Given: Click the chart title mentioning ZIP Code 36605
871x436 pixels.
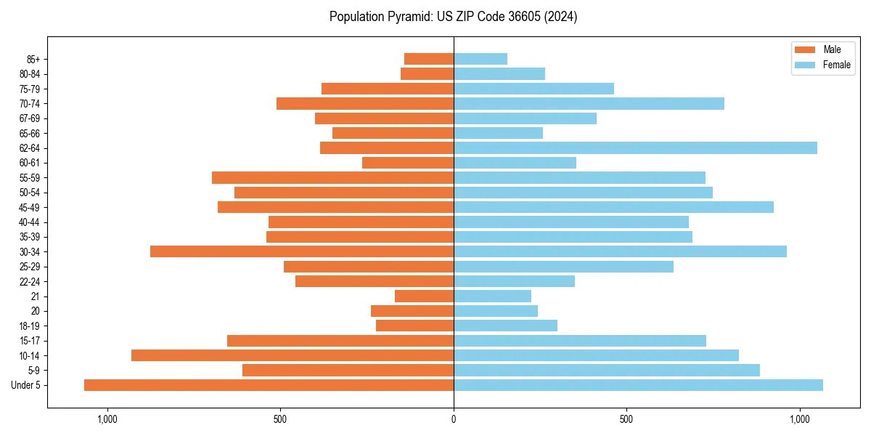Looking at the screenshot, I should pyautogui.click(x=453, y=17).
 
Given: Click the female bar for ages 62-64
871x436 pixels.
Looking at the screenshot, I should pyautogui.click(x=635, y=148).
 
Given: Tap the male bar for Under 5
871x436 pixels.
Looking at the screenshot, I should pyautogui.click(x=269, y=385).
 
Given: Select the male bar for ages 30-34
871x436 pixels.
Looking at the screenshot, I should pyautogui.click(x=302, y=251).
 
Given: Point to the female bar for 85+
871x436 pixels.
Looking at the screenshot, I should pyautogui.click(x=481, y=59).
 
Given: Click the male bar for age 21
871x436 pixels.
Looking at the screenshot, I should pyautogui.click(x=424, y=296).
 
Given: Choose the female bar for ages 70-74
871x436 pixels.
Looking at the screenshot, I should pyautogui.click(x=589, y=103).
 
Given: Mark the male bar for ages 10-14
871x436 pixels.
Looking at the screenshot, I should pyautogui.click(x=293, y=355).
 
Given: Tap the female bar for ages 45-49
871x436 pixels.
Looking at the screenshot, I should pyautogui.click(x=613, y=207).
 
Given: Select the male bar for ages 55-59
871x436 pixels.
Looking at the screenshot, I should pyautogui.click(x=332, y=177).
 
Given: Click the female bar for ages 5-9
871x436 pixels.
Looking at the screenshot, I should pyautogui.click(x=607, y=371).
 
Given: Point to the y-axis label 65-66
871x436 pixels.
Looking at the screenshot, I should pyautogui.click(x=29, y=133).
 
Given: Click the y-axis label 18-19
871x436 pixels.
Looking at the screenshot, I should pyautogui.click(x=29, y=326).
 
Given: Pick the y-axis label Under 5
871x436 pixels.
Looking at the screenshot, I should pyautogui.click(x=26, y=385).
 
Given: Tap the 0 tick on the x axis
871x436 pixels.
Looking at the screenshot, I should pyautogui.click(x=454, y=419).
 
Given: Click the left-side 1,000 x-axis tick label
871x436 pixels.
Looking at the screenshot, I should pyautogui.click(x=107, y=419).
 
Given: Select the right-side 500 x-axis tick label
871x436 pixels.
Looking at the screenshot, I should pyautogui.click(x=626, y=419).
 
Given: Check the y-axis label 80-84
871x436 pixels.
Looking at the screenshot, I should pyautogui.click(x=29, y=74).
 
